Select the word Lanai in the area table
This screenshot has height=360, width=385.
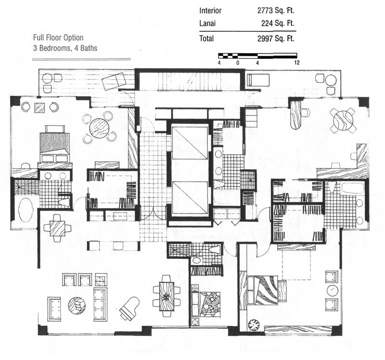(207, 23)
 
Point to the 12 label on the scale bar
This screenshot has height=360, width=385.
(297, 63)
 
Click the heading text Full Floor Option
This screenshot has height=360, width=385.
(58, 38)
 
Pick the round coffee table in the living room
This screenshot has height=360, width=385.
(77, 305)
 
